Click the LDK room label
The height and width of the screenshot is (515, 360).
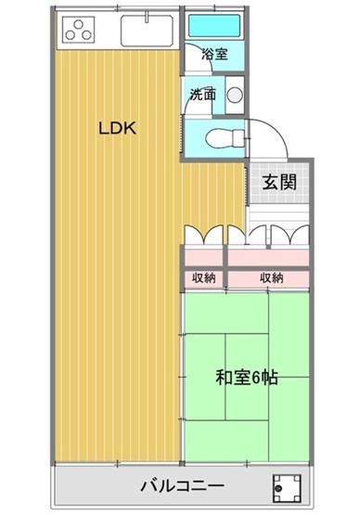click(119, 130)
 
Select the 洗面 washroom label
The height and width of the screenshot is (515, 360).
click(203, 94)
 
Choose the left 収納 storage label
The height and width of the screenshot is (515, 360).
click(204, 277)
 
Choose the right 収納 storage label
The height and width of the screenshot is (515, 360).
click(271, 277)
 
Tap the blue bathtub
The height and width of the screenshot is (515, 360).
click(213, 26)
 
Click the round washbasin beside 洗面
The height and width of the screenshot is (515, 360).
click(234, 94)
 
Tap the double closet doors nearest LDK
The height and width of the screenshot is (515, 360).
click(204, 236)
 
